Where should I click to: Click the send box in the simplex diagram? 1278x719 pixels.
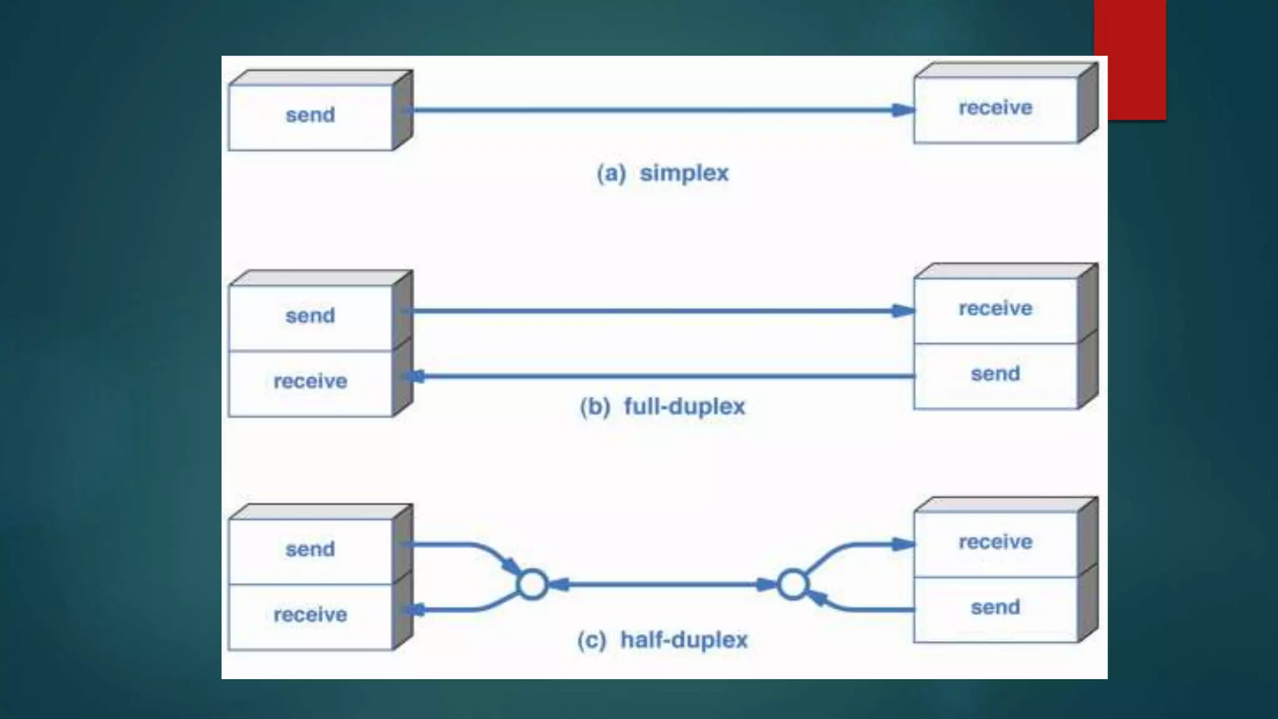tap(310, 117)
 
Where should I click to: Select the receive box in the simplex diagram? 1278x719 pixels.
tap(995, 109)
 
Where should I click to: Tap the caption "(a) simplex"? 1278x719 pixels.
tap(663, 173)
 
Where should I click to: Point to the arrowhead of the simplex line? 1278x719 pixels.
tap(903, 110)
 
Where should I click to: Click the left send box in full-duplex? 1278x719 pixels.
tap(310, 317)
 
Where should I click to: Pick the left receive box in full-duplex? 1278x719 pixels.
tap(310, 382)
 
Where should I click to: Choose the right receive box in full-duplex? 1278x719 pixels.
tap(995, 310)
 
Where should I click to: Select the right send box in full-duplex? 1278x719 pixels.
tap(995, 375)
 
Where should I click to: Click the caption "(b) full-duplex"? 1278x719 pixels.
tap(663, 407)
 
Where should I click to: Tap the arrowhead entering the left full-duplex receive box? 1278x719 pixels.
tap(416, 376)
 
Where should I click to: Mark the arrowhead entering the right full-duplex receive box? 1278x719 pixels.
tap(903, 311)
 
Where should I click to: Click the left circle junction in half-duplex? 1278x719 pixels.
tap(532, 585)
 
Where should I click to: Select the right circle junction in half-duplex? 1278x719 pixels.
tap(793, 585)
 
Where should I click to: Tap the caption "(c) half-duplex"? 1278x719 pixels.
tap(663, 640)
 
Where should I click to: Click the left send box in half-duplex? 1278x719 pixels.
tap(310, 550)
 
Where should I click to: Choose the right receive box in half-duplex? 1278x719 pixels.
tap(995, 543)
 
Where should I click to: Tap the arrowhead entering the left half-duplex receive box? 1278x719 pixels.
tap(416, 609)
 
